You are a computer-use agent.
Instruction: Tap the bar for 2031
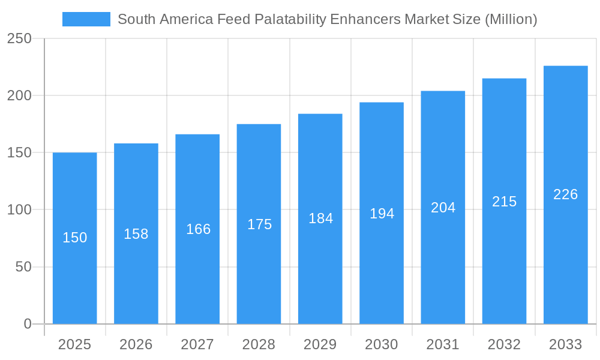(443, 270)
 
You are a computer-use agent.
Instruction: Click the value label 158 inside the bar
(136, 234)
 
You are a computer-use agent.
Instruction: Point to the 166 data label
(198, 229)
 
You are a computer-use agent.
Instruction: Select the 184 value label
(320, 218)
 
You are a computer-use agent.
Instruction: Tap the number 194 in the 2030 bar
(382, 213)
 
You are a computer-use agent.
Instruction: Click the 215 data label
(504, 202)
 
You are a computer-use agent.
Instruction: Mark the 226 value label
(565, 194)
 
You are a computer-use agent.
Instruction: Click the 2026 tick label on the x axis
(136, 344)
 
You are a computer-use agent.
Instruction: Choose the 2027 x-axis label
(197, 344)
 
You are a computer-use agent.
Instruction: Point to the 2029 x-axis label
(320, 344)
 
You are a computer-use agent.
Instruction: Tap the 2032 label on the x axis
(504, 344)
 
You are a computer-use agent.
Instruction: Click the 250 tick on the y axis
(19, 38)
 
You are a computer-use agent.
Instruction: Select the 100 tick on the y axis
(19, 210)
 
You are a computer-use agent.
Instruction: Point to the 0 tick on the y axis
(28, 324)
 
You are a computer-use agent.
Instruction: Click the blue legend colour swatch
(86, 19)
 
